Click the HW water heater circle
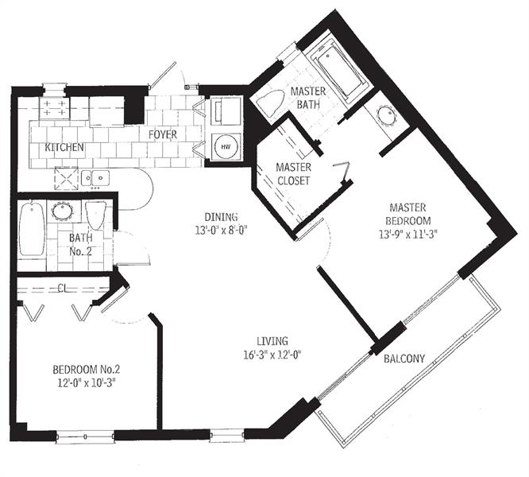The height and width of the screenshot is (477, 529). click(226, 147)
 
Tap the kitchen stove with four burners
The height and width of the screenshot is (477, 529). click(54, 108)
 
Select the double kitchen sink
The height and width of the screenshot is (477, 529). click(95, 177)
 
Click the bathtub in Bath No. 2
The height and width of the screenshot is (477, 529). click(32, 229)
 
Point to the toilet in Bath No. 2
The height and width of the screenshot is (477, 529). click(96, 215)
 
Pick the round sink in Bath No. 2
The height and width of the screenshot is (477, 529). click(62, 211)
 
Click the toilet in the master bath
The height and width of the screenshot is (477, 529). click(271, 102)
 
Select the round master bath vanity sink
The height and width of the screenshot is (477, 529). click(386, 115)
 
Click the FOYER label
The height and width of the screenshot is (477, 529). click(163, 134)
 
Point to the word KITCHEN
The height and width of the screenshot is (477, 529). click(64, 147)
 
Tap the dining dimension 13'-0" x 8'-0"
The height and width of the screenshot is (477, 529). click(222, 231)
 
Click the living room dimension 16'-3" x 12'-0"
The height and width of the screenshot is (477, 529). click(272, 355)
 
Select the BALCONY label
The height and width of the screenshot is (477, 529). click(404, 359)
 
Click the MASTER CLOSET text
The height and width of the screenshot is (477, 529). click(293, 174)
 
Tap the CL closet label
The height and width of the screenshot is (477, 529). click(63, 288)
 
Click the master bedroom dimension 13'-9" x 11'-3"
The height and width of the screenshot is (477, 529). click(408, 235)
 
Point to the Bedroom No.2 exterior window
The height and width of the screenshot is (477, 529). click(85, 436)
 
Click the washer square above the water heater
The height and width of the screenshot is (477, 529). click(226, 111)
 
